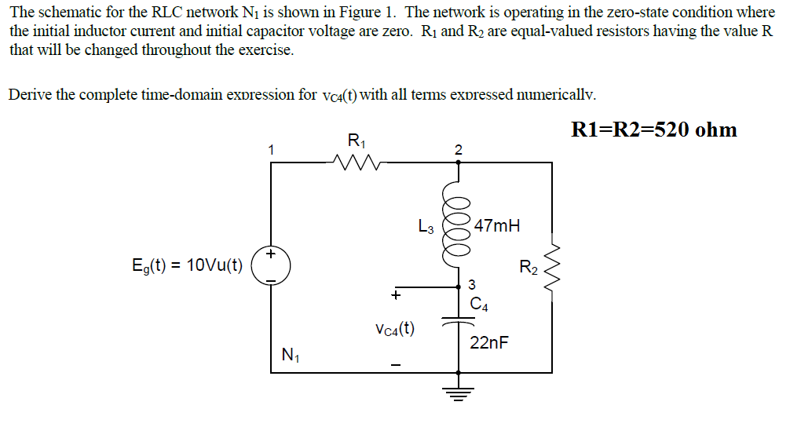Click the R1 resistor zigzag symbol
[x=356, y=164]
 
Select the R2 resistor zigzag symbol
[x=551, y=266]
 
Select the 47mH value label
[x=497, y=226]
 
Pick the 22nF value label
[x=489, y=342]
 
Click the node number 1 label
[x=270, y=148]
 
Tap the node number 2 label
[x=459, y=149]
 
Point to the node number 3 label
[x=471, y=284]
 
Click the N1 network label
[x=290, y=355]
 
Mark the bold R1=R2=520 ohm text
[x=653, y=130]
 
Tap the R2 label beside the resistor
[x=529, y=267]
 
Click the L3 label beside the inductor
[x=426, y=229]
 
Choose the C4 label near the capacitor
[x=480, y=305]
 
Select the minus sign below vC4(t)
[x=397, y=365]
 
